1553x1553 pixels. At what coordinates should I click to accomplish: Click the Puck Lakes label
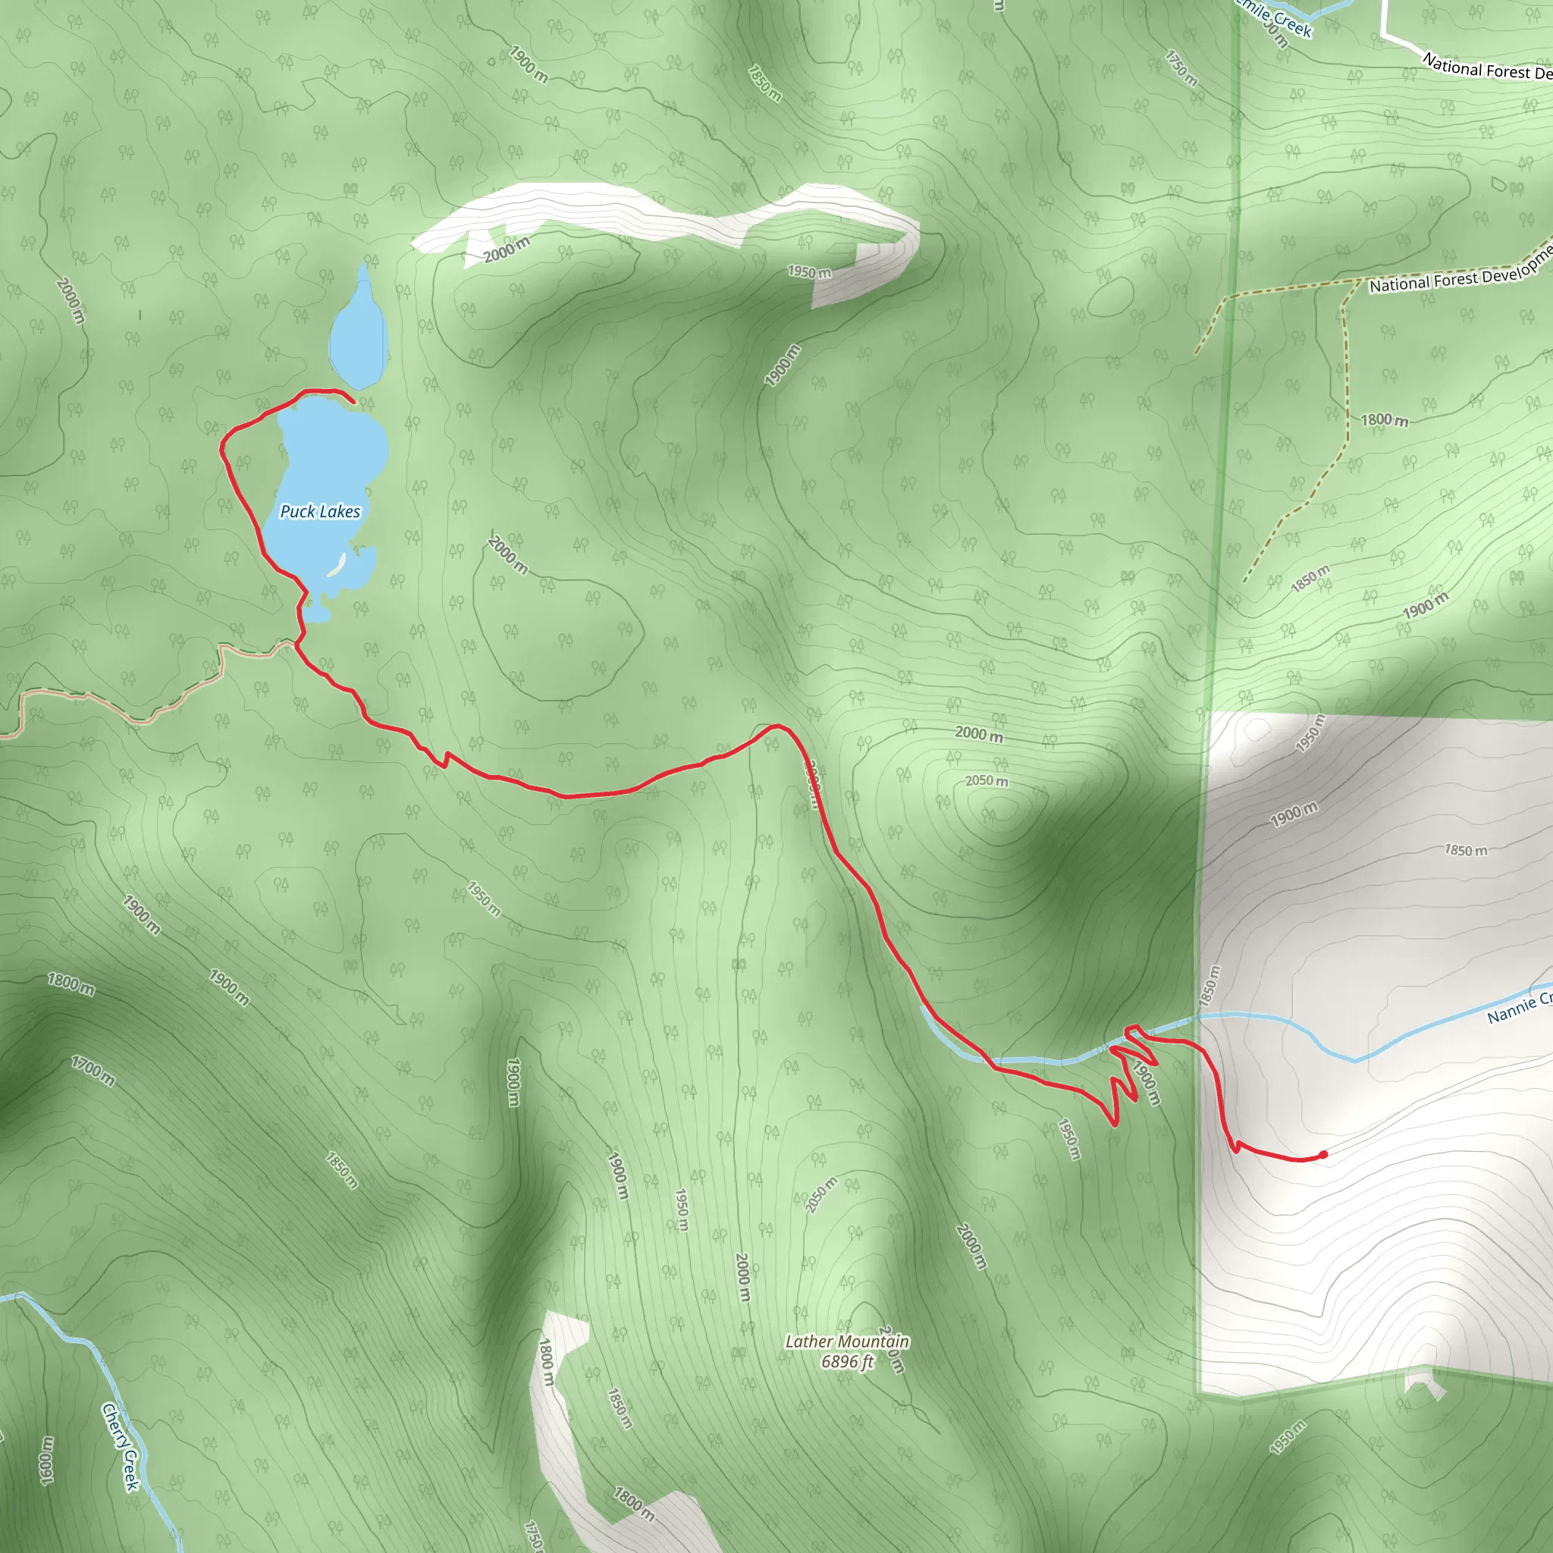(x=320, y=511)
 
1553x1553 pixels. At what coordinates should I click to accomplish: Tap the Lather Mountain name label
(x=847, y=1341)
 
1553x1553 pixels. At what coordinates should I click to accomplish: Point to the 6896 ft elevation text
(x=847, y=1362)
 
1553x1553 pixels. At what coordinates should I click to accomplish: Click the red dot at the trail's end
(x=1323, y=1155)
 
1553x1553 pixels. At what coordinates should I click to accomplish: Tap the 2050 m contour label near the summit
(x=987, y=780)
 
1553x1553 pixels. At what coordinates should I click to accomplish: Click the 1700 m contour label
(x=93, y=1071)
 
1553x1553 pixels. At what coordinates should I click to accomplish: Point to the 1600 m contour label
(x=46, y=1460)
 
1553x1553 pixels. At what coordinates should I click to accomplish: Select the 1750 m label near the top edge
(x=1181, y=68)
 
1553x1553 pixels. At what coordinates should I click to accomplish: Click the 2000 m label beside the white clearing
(x=507, y=250)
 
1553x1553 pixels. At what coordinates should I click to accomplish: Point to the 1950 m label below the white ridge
(x=809, y=272)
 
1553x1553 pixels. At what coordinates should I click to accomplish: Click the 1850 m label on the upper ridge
(x=764, y=83)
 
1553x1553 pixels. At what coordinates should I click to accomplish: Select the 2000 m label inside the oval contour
(x=508, y=554)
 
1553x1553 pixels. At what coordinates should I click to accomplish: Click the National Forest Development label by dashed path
(x=1459, y=273)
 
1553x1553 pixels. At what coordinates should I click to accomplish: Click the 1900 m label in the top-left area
(x=528, y=64)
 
